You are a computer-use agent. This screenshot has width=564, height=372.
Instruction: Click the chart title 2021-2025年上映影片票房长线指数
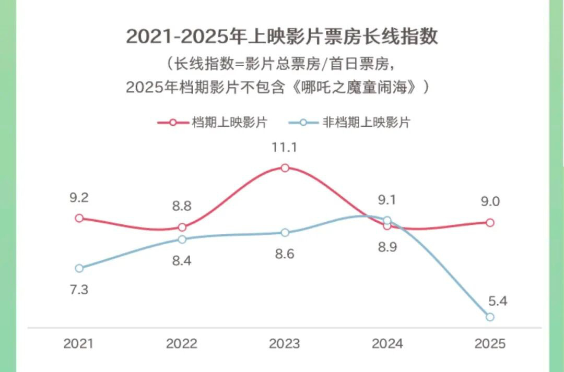(x=282, y=37)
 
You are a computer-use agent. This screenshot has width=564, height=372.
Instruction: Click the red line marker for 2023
(x=285, y=168)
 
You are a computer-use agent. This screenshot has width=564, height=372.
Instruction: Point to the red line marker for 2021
(x=79, y=218)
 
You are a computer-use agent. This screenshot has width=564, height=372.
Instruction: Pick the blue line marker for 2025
(x=490, y=317)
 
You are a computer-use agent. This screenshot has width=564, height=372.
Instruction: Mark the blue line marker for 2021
(x=79, y=268)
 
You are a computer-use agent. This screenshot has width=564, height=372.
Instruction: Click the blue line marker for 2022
(x=182, y=239)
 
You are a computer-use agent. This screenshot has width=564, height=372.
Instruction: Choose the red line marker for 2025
(x=490, y=223)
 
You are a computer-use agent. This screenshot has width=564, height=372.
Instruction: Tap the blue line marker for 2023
(x=285, y=233)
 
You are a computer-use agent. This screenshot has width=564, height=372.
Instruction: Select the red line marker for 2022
(x=182, y=227)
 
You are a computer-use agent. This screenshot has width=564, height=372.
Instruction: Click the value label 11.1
(x=284, y=148)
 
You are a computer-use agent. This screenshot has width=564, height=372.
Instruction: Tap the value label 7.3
(x=79, y=290)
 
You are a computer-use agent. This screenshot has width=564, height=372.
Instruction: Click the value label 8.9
(x=387, y=247)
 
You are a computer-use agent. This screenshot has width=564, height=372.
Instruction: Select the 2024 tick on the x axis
(x=387, y=344)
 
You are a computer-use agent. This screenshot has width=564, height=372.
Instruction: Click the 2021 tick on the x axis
(x=79, y=344)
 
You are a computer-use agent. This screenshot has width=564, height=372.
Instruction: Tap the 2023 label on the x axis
(x=285, y=344)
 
